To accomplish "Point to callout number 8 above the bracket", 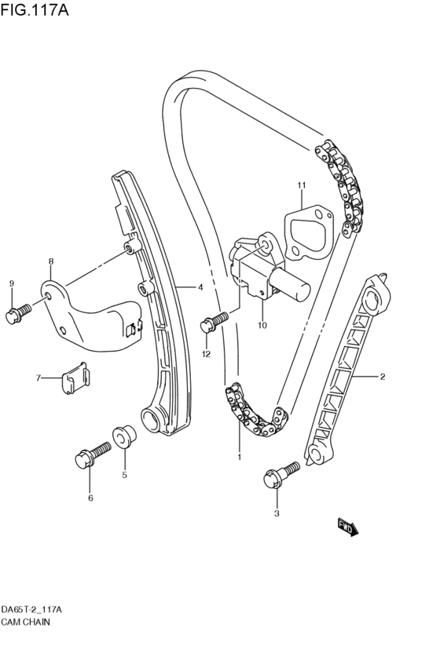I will [x=50, y=261].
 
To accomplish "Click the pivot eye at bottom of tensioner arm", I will [x=151, y=418].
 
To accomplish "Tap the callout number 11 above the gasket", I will [x=300, y=184].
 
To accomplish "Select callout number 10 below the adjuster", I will [x=262, y=324].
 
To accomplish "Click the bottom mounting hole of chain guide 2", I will [x=314, y=456].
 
